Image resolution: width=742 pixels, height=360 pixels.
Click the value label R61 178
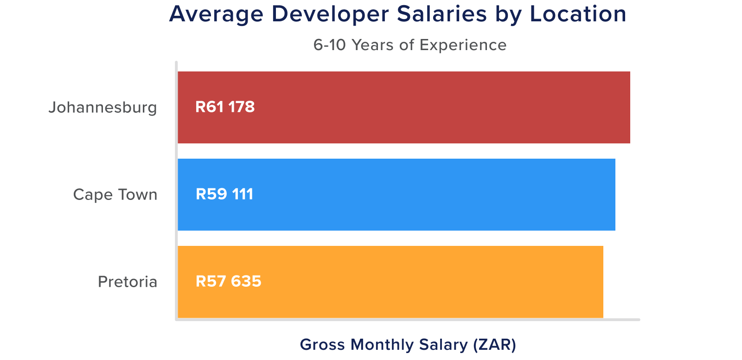(225, 107)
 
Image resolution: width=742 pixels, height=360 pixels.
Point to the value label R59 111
(224, 194)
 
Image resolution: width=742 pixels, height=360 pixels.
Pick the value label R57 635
(228, 282)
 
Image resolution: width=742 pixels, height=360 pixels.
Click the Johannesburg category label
(103, 108)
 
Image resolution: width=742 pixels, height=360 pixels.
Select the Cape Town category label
(115, 194)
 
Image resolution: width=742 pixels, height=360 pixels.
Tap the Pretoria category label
(128, 282)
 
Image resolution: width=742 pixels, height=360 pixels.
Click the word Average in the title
(217, 14)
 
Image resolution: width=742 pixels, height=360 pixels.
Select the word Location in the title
(578, 14)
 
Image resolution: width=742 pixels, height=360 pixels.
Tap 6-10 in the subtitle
(330, 45)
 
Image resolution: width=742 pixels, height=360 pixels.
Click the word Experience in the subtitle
(463, 45)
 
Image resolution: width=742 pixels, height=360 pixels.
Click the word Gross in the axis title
(323, 345)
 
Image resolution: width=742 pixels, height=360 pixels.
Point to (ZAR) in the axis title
(495, 345)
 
